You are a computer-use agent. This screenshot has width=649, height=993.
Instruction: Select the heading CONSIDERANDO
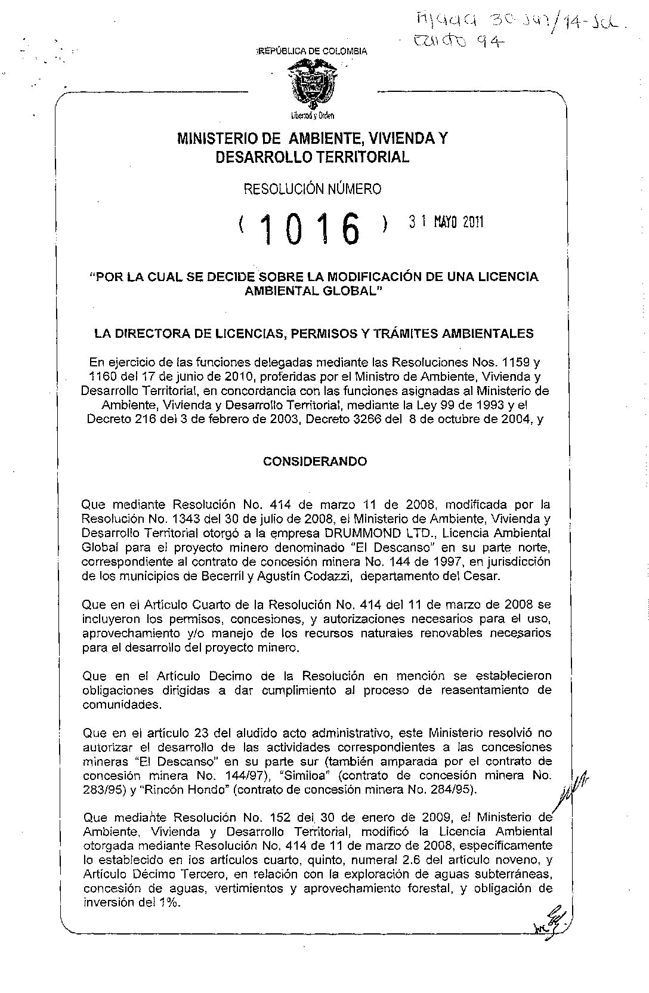pos(316,462)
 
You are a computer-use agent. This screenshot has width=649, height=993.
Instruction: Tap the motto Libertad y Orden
pos(308,115)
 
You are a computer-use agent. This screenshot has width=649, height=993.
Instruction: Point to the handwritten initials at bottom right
pos(549,924)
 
